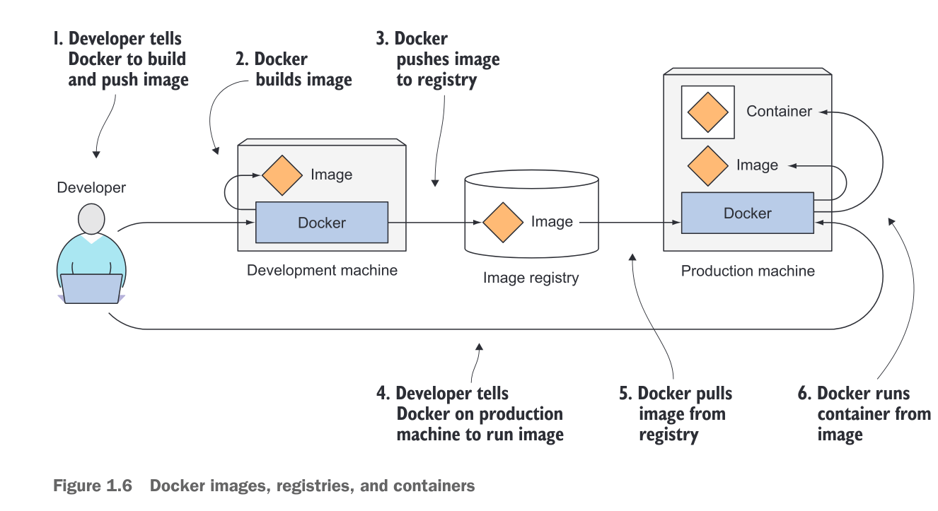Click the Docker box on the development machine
pyautogui.click(x=321, y=223)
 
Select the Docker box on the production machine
pyautogui.click(x=747, y=213)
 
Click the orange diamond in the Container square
pyautogui.click(x=707, y=112)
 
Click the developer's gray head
pyautogui.click(x=91, y=220)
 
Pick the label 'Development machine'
pyautogui.click(x=322, y=270)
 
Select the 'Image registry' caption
pyautogui.click(x=531, y=278)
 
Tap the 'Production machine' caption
pyautogui.click(x=748, y=271)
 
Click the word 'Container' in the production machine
pyautogui.click(x=779, y=111)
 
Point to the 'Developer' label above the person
pyautogui.click(x=91, y=187)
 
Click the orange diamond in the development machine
pyautogui.click(x=282, y=175)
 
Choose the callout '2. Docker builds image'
pyautogui.click(x=294, y=69)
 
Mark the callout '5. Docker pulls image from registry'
pyautogui.click(x=675, y=413)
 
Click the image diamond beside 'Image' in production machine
pyautogui.click(x=708, y=165)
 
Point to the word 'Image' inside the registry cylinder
pyautogui.click(x=552, y=222)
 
